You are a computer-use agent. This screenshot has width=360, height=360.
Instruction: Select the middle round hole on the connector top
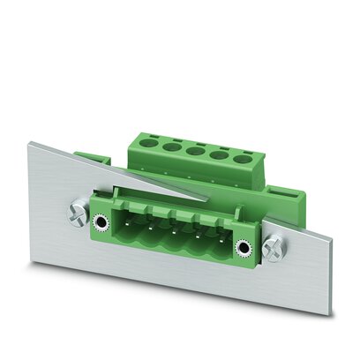point(192,151)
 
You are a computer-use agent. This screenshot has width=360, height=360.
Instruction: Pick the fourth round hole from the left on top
point(217,155)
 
